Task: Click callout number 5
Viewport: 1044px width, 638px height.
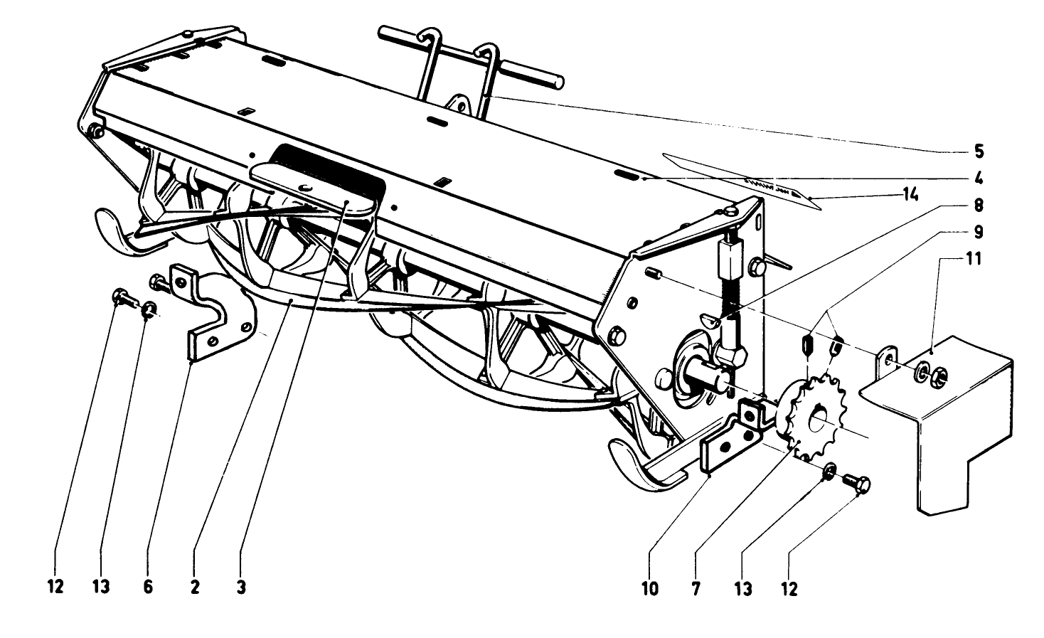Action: point(979,151)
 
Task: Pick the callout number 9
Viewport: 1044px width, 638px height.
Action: point(979,231)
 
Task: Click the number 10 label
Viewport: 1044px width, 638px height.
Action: point(649,588)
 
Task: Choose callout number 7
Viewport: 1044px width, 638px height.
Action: point(695,588)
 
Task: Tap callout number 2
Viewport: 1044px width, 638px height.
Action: point(194,588)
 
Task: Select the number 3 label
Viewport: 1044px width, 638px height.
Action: point(241,588)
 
